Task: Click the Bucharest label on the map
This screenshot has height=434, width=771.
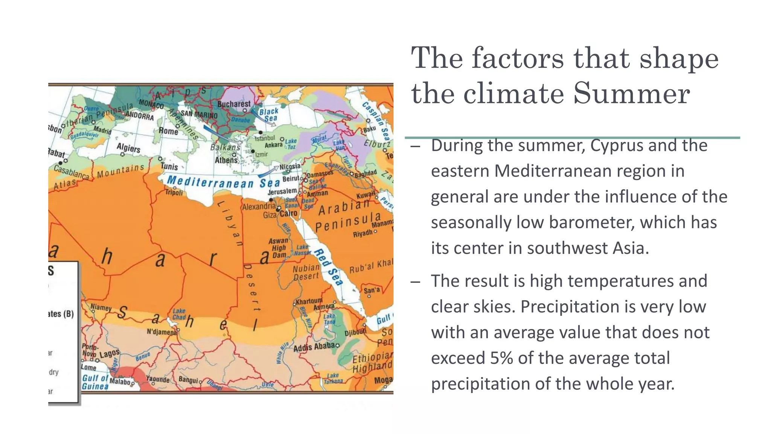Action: [234, 104]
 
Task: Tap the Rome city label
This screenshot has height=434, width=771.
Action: [168, 131]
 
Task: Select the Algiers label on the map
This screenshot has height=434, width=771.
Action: [128, 148]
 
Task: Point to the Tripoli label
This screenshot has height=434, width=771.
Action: [174, 192]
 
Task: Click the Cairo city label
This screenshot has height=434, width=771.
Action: [288, 214]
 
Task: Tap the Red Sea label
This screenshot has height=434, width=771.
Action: [329, 267]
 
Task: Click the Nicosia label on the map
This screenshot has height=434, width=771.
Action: [290, 166]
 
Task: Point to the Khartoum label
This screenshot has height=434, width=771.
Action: [309, 301]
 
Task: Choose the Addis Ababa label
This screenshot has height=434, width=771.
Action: [314, 347]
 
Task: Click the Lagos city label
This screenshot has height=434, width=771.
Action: [110, 353]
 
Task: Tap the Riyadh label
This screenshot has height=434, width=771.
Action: [363, 234]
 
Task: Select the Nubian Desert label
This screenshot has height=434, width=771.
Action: [306, 272]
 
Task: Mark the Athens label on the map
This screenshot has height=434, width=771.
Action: [226, 160]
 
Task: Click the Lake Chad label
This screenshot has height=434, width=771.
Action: [179, 314]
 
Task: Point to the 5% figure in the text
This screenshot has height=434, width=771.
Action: [501, 358]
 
